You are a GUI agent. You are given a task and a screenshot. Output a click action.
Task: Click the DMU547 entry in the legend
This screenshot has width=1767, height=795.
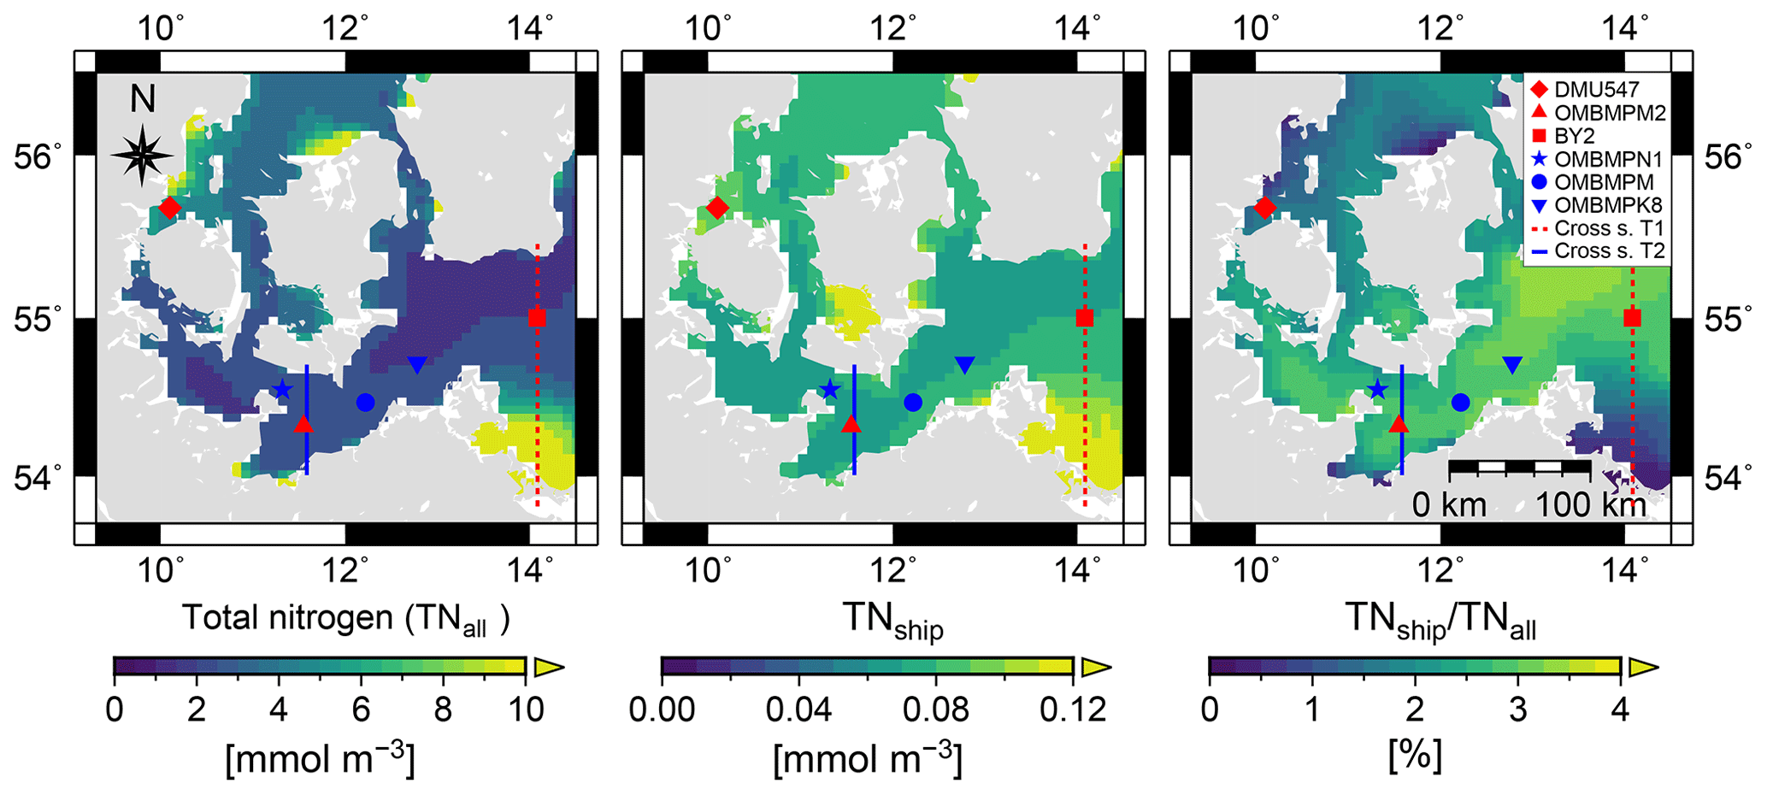1595,90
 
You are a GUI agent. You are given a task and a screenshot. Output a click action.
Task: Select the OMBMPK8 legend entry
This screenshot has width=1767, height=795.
1595,205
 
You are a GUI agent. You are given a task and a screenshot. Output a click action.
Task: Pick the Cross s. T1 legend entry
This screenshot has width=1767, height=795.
1595,228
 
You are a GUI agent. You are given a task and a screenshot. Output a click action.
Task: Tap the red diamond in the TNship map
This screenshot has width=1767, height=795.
717,208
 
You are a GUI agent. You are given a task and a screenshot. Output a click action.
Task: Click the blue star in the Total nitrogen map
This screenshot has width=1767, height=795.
282,391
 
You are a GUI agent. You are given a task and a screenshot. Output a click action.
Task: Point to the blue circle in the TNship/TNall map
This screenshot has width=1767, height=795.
1460,402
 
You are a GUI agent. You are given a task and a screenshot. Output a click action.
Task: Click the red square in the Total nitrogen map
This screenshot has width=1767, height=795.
537,318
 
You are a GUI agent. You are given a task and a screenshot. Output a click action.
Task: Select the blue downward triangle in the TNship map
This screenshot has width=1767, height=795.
964,365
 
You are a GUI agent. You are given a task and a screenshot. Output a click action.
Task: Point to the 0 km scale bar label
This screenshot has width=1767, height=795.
1450,505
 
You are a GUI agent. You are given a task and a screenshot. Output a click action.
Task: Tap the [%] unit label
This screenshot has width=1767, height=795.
1416,757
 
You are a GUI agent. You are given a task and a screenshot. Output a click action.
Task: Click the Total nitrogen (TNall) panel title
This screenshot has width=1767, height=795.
345,618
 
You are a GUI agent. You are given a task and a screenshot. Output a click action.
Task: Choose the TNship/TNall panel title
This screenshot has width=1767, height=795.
1440,620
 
